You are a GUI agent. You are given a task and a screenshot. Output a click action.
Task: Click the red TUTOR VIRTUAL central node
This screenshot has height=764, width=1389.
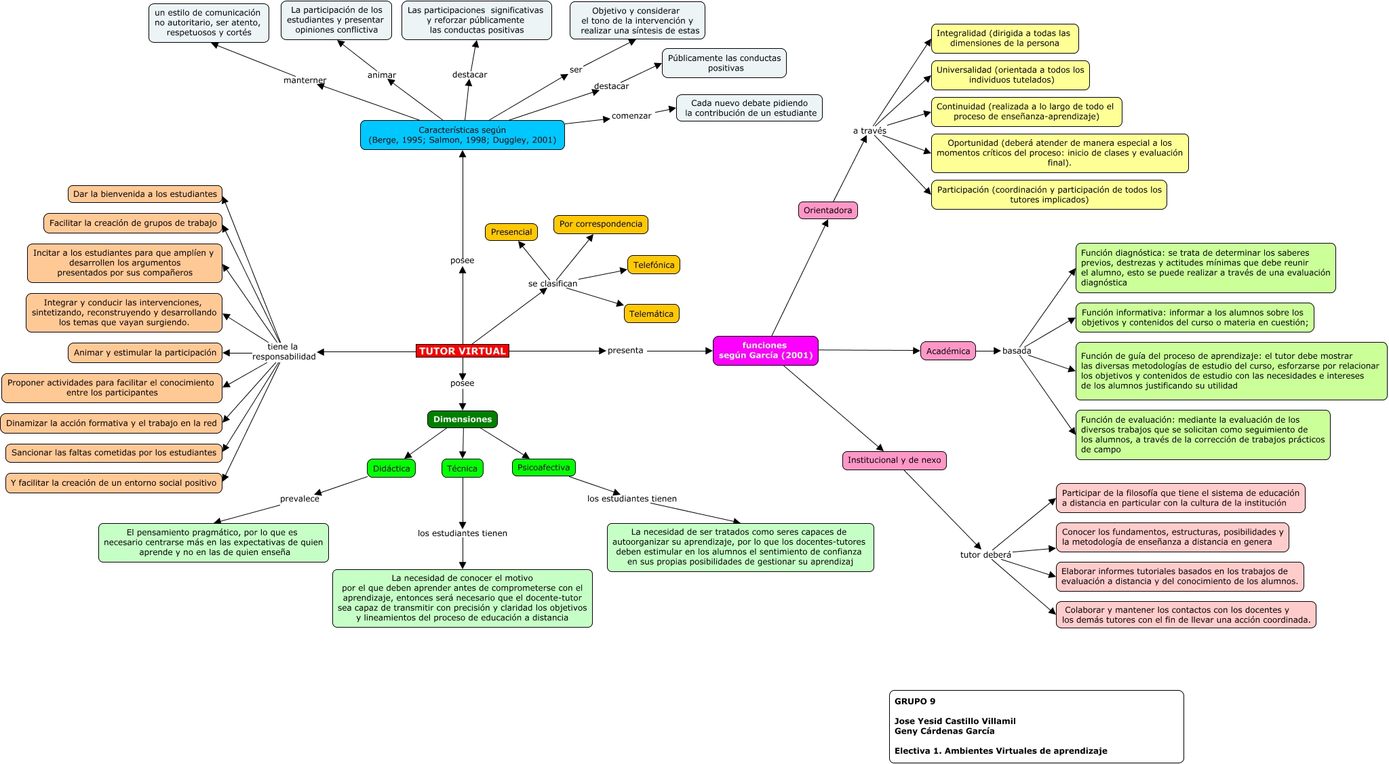462,351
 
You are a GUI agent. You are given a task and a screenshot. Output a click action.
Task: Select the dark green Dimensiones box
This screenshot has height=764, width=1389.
462,419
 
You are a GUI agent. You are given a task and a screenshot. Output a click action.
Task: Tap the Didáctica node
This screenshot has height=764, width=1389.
391,468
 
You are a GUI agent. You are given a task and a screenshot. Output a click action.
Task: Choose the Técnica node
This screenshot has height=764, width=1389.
462,468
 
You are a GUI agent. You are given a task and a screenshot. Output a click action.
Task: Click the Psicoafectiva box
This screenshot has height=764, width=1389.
543,467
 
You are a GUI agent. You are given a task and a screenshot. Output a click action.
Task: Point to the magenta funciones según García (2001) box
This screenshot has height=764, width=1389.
765,350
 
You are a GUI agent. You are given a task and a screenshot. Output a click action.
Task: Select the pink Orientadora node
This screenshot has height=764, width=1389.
827,210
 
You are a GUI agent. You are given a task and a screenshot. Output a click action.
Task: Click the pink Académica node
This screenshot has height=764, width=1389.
947,351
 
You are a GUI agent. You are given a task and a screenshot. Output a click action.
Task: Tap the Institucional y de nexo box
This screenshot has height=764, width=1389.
894,460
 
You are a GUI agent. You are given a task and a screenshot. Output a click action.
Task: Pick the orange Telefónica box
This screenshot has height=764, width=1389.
653,265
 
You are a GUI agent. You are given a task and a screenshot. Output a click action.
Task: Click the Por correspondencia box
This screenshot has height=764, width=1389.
600,224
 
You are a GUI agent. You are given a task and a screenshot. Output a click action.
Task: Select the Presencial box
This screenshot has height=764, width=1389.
511,232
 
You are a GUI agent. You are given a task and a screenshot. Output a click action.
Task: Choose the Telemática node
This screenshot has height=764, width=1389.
651,313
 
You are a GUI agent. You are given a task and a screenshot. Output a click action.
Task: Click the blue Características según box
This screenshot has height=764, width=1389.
462,135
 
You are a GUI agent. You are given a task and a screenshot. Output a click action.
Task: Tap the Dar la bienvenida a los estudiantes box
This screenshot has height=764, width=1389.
145,194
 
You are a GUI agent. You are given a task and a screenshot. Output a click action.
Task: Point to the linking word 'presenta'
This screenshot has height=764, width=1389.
625,351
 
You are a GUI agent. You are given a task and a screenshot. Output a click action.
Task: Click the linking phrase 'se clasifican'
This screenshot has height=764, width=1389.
552,284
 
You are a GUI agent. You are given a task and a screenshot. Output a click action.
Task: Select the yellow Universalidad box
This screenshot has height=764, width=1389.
1010,75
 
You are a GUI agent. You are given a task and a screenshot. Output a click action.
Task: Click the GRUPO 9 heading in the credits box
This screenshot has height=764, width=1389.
914,702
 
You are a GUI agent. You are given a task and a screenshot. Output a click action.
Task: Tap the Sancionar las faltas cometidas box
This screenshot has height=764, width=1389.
114,453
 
